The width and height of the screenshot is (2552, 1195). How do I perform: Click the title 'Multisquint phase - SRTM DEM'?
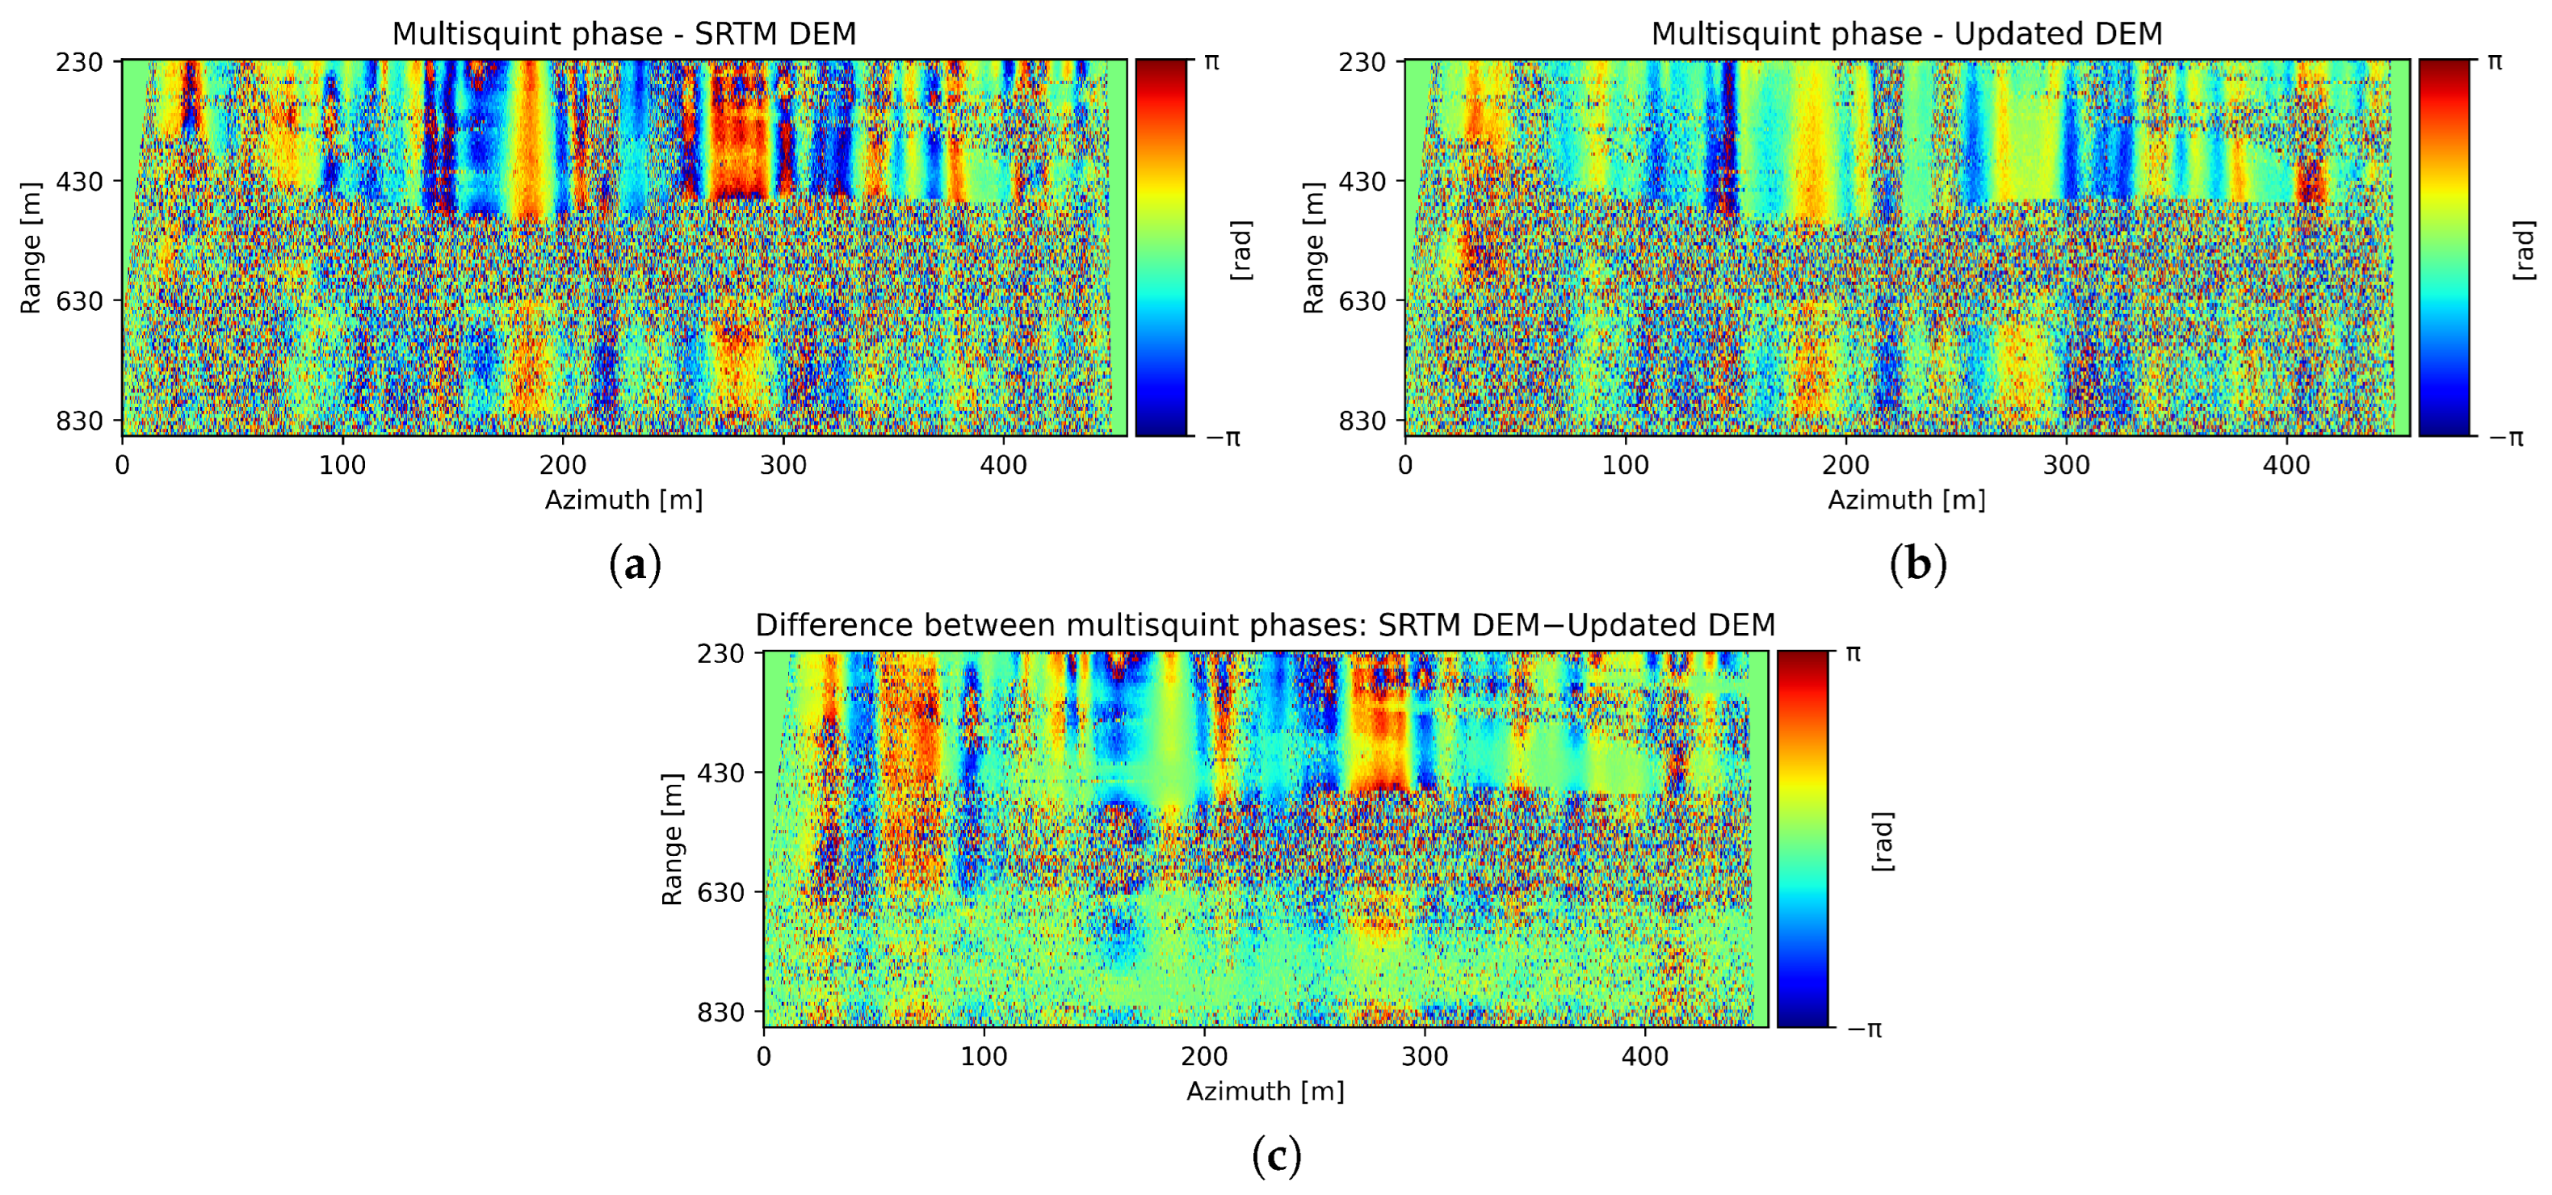pos(624,34)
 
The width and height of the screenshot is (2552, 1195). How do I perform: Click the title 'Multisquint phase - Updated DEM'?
pos(1906,34)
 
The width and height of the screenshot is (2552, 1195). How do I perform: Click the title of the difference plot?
pos(1266,625)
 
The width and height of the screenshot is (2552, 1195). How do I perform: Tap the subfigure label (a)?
pos(634,565)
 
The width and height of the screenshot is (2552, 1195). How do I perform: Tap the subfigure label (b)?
pos(1918,565)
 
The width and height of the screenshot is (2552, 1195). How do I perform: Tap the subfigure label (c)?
pos(1276,1155)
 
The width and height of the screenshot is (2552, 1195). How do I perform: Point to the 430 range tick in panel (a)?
pos(79,182)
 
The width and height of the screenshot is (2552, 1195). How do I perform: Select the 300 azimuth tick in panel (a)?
pos(783,465)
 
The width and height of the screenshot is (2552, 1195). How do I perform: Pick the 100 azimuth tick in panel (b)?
pos(1625,465)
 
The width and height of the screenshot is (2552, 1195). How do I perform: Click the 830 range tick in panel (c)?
pos(720,1012)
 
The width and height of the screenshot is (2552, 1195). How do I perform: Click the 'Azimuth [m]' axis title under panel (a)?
pos(624,501)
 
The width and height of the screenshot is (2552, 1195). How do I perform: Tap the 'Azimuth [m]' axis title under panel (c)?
pos(1266,1091)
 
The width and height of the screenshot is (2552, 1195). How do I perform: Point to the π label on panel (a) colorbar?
pos(1211,61)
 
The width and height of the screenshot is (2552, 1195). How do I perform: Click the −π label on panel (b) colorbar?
pos(2507,437)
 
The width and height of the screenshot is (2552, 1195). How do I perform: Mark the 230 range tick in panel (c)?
pos(720,653)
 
